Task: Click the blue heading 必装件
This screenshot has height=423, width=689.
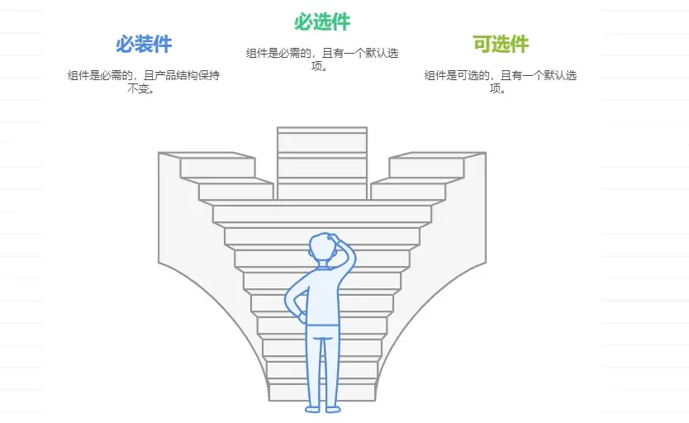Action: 144,44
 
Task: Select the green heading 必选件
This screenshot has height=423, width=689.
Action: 322,21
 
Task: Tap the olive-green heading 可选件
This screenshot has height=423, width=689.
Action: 501,44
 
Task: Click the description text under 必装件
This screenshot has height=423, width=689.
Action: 143,82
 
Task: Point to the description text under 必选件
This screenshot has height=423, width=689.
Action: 322,59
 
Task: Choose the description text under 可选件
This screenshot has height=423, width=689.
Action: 501,82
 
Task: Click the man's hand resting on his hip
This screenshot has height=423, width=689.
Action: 302,317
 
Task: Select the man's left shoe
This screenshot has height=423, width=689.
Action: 312,410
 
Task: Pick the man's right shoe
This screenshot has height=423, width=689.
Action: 333,410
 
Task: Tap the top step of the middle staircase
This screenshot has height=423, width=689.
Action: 322,130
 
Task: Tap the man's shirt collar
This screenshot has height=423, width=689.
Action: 324,265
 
